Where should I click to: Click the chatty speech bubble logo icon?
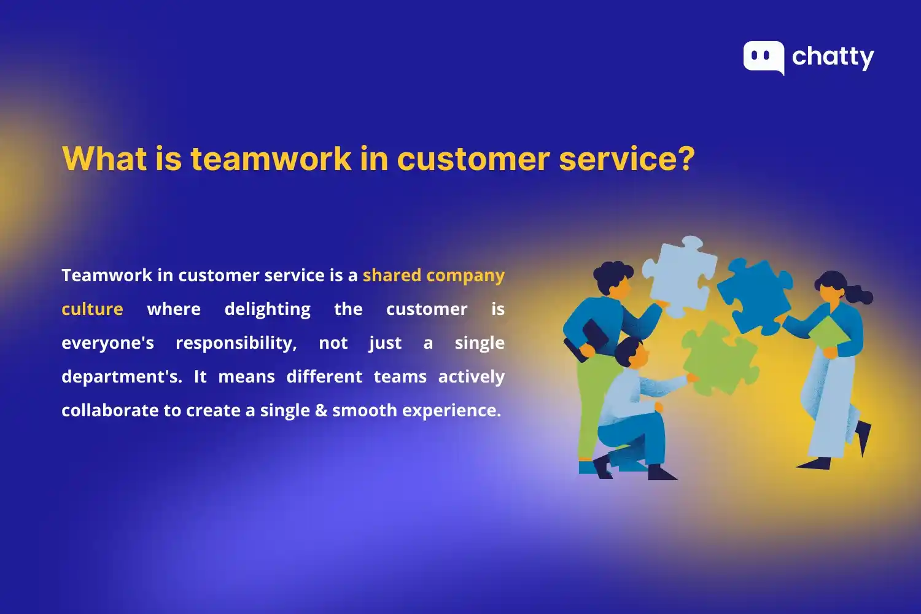(x=763, y=57)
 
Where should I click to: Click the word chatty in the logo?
(x=833, y=58)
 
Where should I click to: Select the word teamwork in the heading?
(x=270, y=158)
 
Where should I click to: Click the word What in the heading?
(x=104, y=158)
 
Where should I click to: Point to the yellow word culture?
(x=92, y=309)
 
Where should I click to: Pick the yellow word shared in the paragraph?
(x=392, y=275)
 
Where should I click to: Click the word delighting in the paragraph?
(x=267, y=309)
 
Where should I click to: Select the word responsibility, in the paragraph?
(x=236, y=343)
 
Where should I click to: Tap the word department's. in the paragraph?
(x=122, y=376)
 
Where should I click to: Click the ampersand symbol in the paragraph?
(x=321, y=410)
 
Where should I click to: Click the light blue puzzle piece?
(x=680, y=274)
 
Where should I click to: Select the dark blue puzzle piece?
(x=754, y=297)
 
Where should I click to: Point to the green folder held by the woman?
(x=828, y=332)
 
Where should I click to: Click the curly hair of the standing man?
(x=612, y=274)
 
